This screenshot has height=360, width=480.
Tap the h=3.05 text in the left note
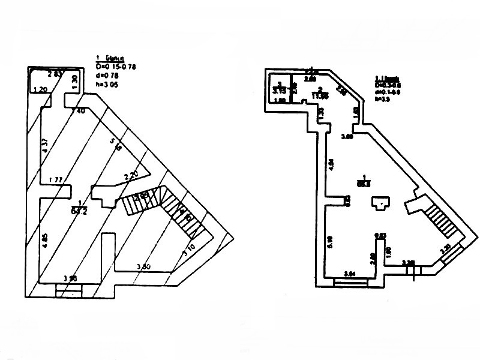tap(109, 85)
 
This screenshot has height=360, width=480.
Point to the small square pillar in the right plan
tap(379, 205)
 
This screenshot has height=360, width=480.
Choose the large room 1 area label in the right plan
tap(363, 184)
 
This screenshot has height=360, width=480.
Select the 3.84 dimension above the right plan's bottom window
tap(349, 273)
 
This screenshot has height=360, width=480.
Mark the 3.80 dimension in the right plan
tap(346, 137)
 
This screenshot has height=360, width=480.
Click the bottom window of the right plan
tap(349, 280)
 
